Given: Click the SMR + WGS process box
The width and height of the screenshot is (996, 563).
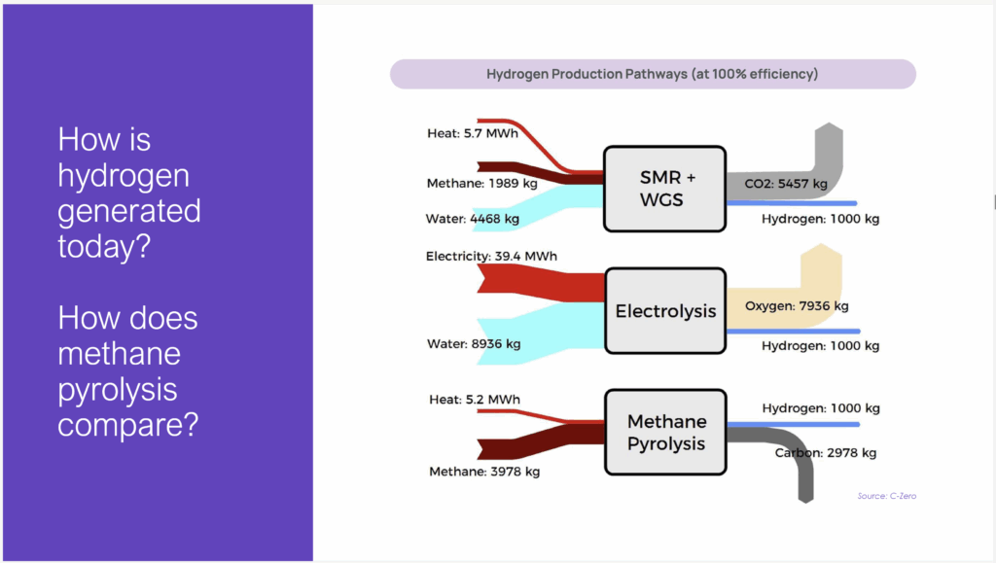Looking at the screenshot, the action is tap(664, 189).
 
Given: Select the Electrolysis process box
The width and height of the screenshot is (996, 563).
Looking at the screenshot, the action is tap(665, 310).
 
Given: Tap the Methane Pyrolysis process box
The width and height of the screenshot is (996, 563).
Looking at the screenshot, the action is tap(665, 433).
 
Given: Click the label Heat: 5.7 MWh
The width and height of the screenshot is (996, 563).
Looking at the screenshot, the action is tap(473, 133).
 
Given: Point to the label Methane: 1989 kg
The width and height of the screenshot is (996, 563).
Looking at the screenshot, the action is tap(482, 184).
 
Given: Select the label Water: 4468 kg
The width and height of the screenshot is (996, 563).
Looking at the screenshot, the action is tap(473, 219).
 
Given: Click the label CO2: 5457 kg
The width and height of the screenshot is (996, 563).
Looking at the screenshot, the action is tap(786, 184).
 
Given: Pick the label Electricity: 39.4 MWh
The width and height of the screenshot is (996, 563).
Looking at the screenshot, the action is tap(491, 256).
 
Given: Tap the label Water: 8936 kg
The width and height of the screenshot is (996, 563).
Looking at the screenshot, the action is tap(474, 344).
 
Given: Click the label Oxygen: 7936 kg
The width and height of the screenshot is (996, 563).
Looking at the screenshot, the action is tap(797, 306).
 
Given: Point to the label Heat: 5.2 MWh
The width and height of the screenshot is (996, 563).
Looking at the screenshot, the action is tap(475, 400).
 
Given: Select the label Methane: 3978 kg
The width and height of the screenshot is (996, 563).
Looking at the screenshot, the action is tap(484, 472).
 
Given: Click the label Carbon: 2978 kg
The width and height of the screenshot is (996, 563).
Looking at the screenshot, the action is tap(826, 452).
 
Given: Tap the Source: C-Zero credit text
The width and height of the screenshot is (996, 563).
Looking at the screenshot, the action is tap(887, 496).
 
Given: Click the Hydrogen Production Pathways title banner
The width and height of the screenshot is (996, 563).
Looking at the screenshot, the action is tap(653, 74).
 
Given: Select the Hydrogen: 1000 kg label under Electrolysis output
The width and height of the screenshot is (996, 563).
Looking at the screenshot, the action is tap(821, 346).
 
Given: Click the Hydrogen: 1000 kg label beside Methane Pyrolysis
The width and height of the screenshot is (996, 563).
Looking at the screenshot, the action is tap(821, 408).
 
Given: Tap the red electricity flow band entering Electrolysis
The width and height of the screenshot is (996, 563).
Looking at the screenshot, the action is tap(541, 283).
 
